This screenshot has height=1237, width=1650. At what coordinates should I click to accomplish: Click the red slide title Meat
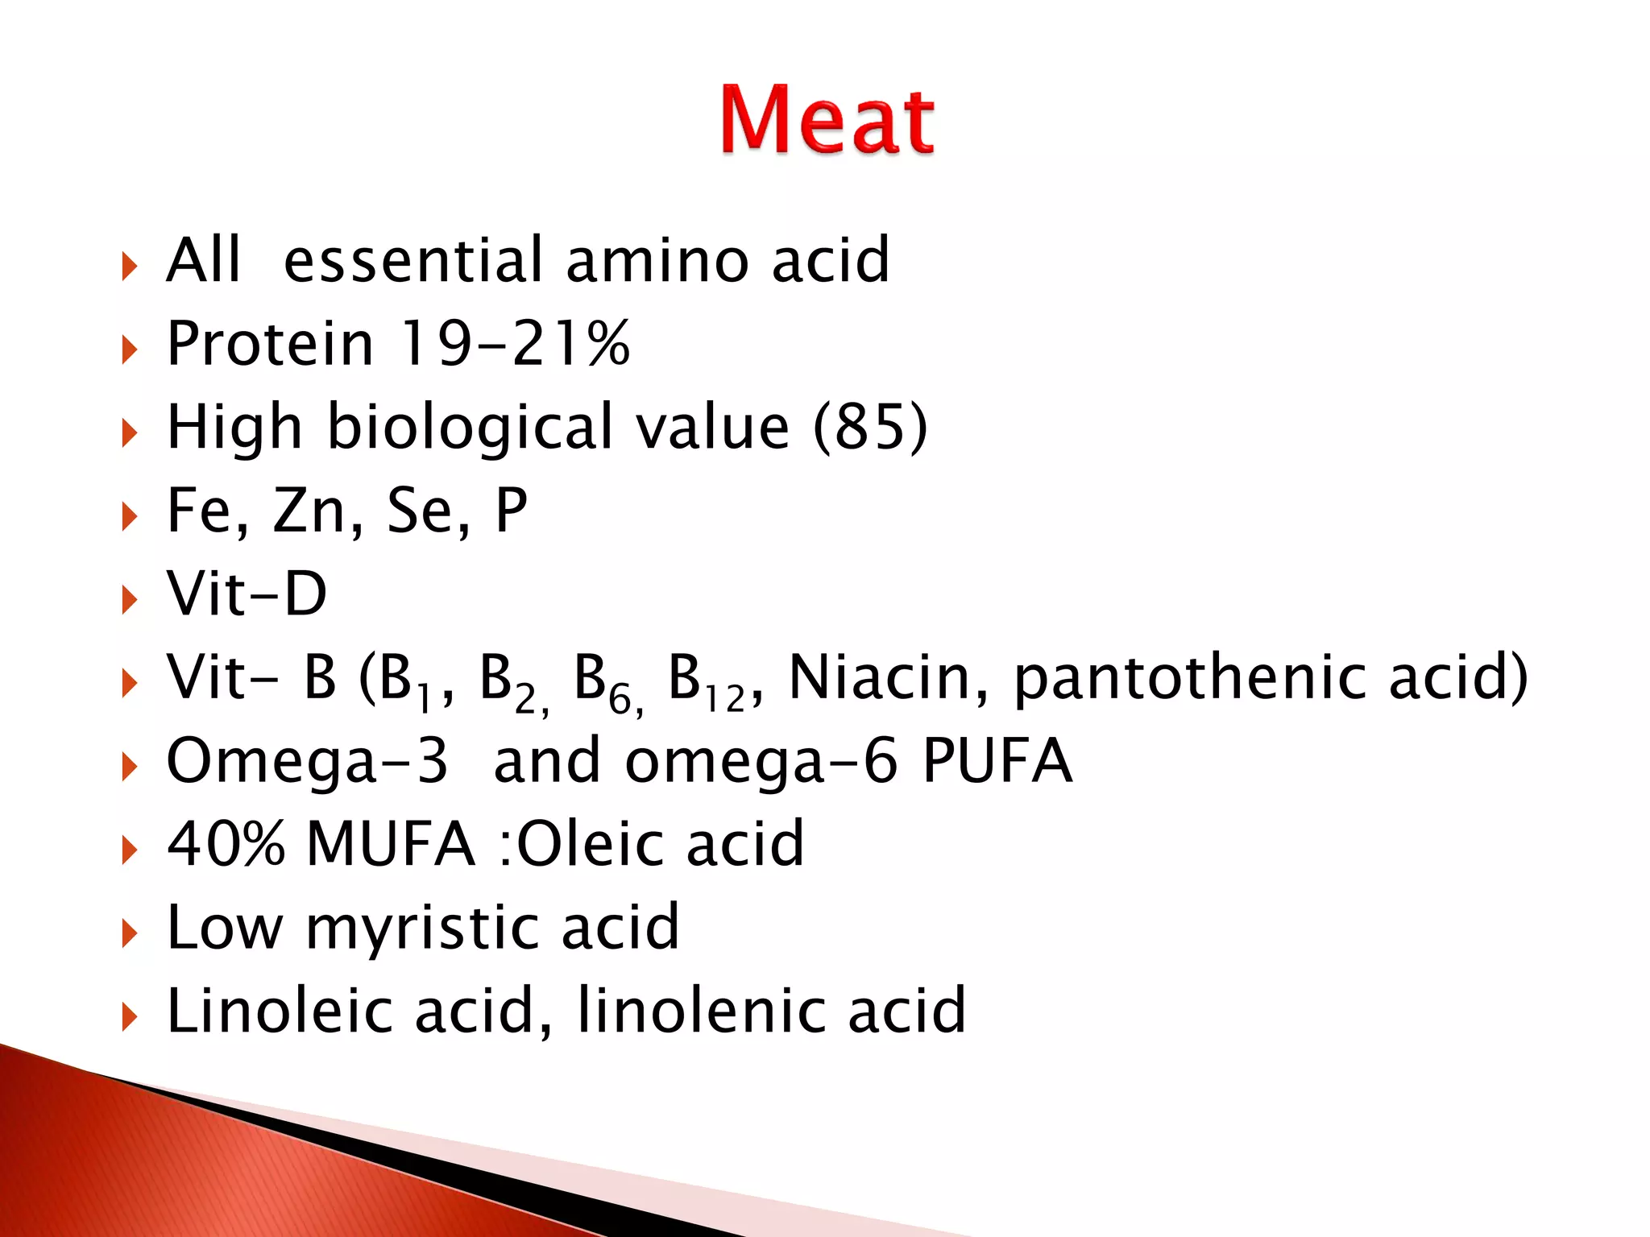pos(827,120)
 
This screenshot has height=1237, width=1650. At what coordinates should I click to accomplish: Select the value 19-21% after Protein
pos(515,344)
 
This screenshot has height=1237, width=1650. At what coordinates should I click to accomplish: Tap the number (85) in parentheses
pos(870,427)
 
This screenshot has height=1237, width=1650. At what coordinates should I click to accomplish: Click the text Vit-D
pos(247,594)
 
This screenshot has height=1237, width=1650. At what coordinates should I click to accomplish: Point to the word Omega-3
pos(307,761)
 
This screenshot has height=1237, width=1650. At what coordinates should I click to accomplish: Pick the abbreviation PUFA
pos(997,761)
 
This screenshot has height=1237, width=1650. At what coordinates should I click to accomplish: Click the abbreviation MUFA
pos(391,844)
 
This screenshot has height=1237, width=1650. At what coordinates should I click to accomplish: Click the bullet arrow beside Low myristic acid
pos(129,933)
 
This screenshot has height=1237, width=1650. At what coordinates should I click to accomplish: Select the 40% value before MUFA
pos(226,844)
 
